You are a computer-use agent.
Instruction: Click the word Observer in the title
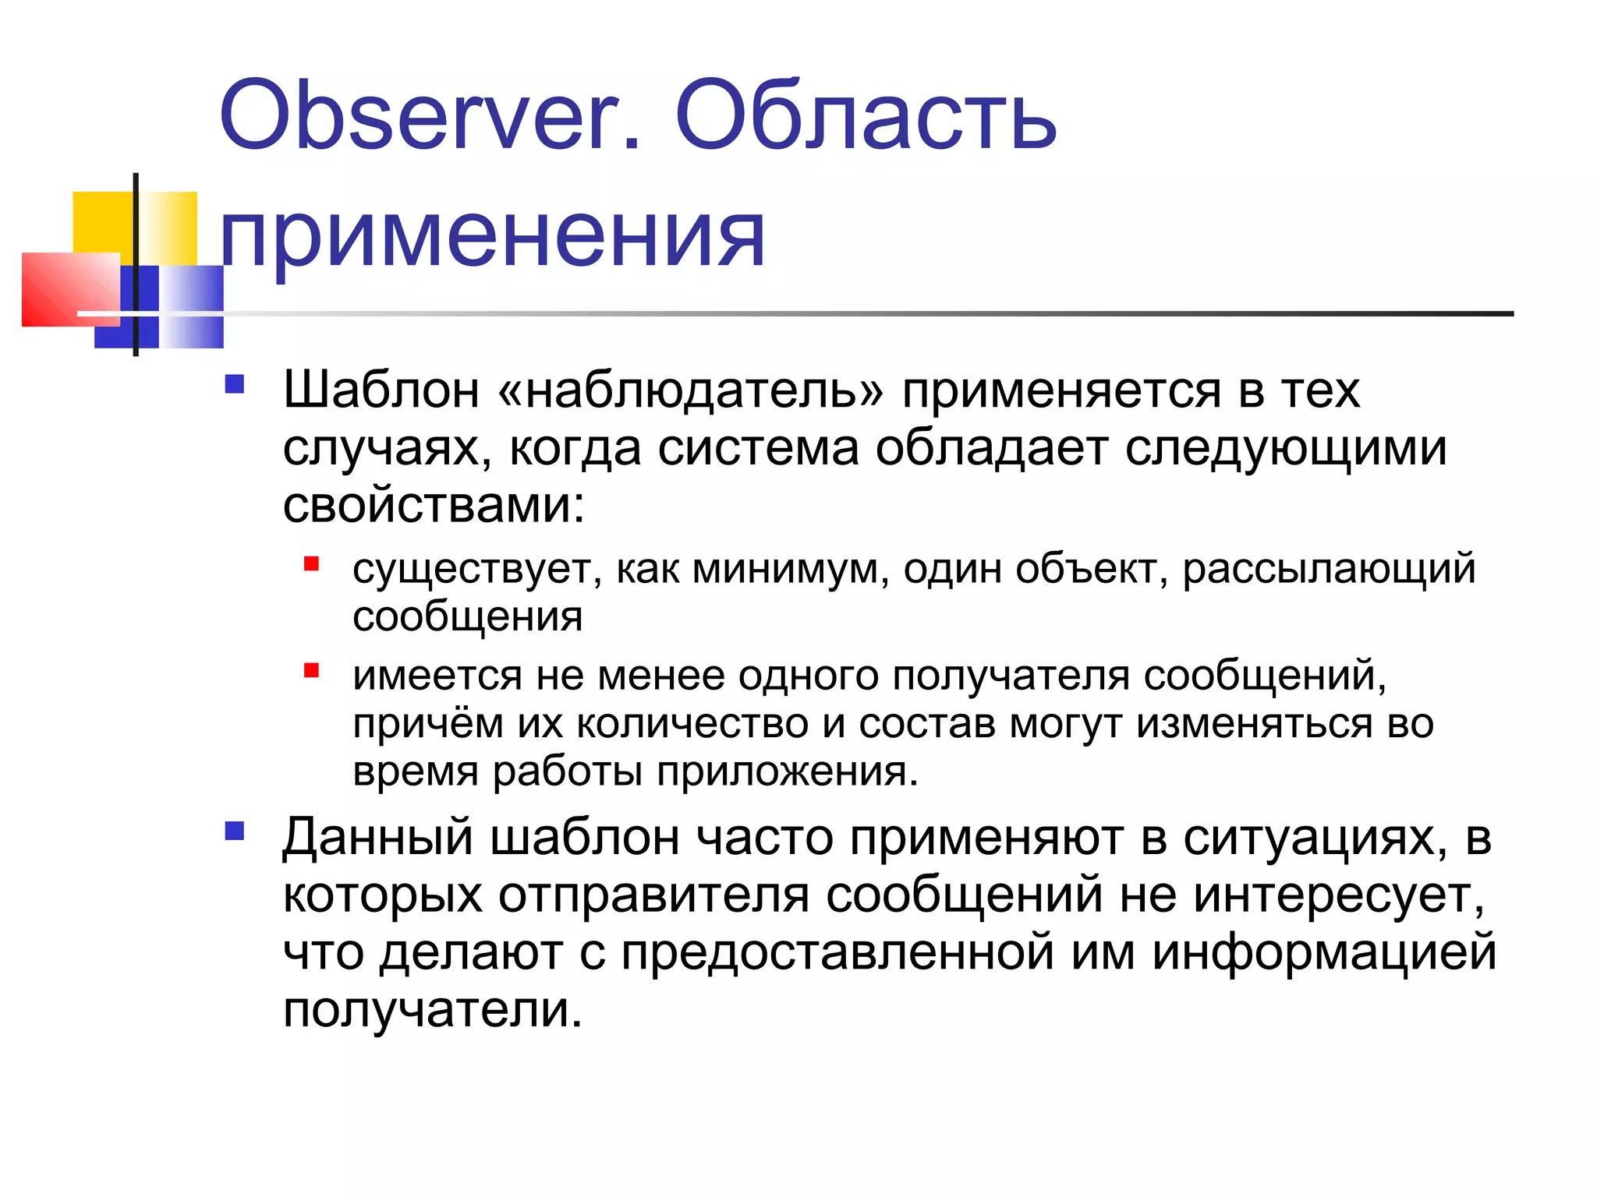[x=429, y=117]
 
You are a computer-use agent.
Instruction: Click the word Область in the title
[x=866, y=117]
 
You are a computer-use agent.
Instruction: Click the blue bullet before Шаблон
[x=234, y=384]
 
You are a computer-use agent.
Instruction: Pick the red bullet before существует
[x=312, y=563]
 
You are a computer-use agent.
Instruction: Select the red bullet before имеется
[x=312, y=670]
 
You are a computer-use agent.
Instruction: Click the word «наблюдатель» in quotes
[x=691, y=390]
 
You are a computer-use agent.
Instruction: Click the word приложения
[x=788, y=773]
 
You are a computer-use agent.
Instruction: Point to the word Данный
[x=377, y=839]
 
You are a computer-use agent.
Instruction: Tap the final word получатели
[x=432, y=1012]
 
